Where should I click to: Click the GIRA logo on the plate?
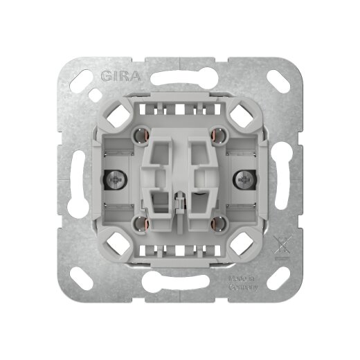119,76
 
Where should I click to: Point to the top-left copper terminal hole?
142,134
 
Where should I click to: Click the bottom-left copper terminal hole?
142,223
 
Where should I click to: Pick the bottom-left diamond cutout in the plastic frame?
111,247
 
